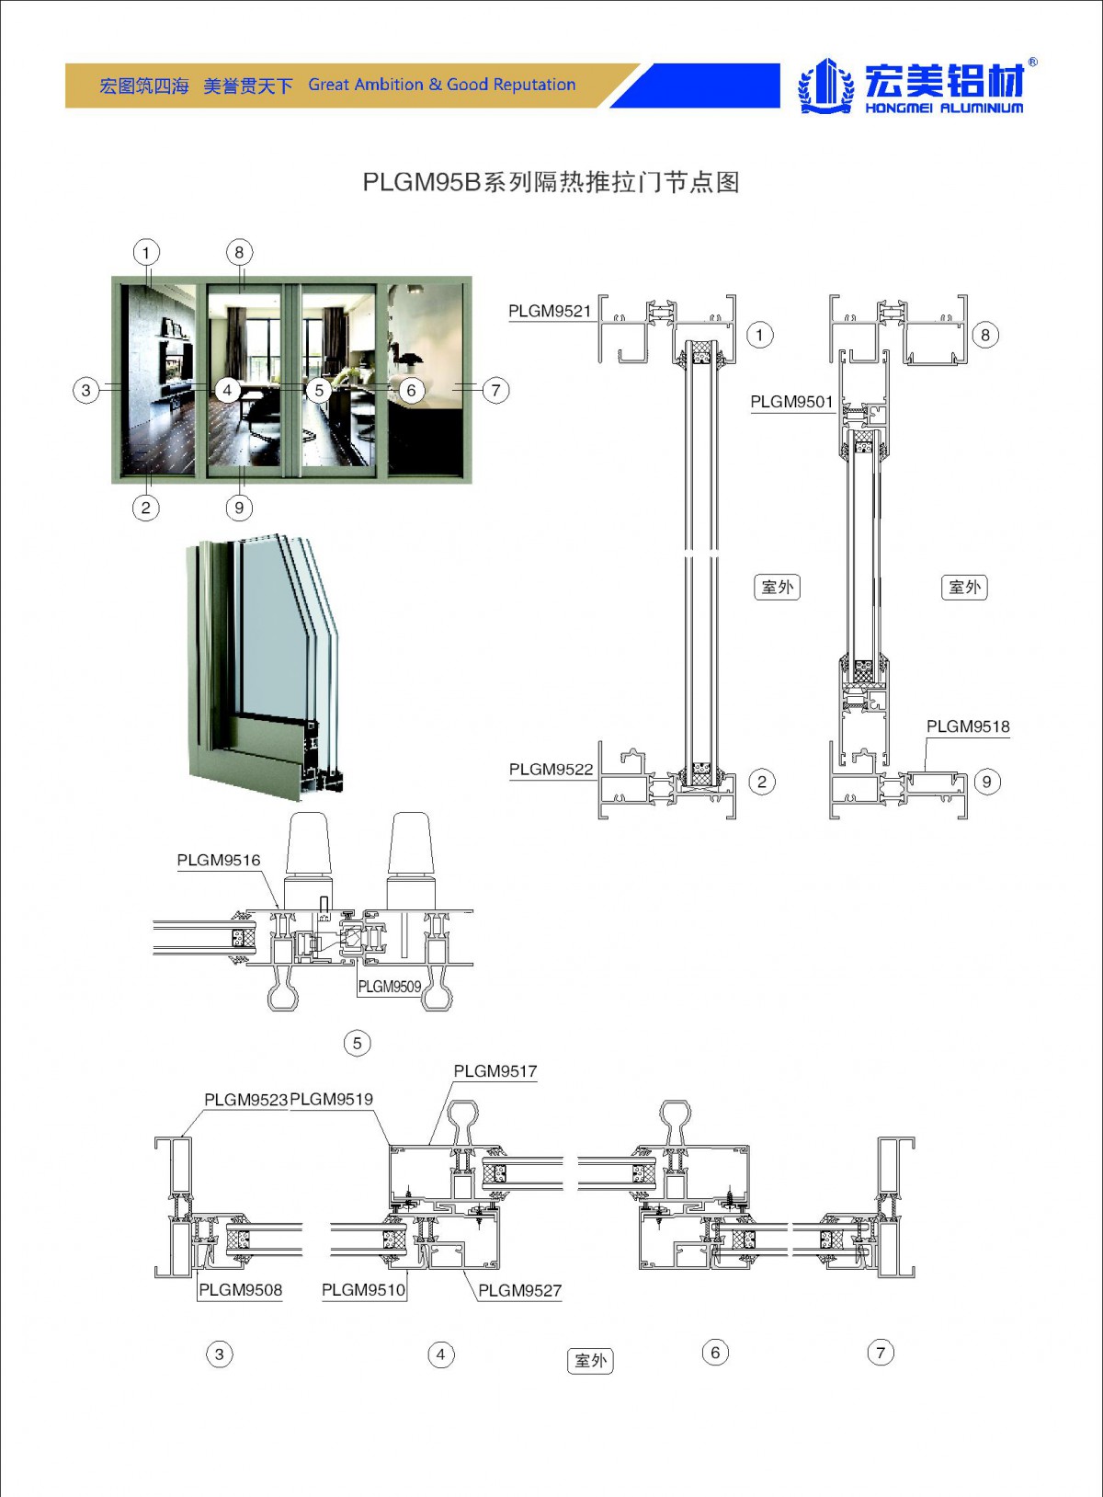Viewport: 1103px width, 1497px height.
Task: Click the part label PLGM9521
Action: point(550,311)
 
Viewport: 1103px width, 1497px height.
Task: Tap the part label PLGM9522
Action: point(551,770)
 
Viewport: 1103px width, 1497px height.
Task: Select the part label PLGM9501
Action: point(791,402)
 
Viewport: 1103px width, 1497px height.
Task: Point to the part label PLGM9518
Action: point(967,726)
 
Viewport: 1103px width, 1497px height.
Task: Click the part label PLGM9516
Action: point(219,861)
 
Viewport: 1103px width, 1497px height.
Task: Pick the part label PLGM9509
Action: point(390,987)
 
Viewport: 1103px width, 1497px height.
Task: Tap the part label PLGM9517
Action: point(495,1071)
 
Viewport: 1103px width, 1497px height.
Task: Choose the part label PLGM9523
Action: point(245,1100)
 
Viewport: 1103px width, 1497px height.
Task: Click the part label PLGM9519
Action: point(332,1100)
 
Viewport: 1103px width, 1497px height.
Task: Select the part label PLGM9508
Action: point(241,1290)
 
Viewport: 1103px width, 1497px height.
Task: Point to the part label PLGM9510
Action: point(363,1290)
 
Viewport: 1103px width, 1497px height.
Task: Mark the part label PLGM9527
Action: point(519,1291)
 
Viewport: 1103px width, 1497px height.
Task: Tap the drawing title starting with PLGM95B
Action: point(551,182)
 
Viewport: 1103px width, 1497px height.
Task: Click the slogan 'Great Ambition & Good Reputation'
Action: point(441,86)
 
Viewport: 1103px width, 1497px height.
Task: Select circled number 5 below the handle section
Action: point(358,1043)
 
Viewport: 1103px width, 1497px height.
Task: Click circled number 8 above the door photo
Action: point(239,252)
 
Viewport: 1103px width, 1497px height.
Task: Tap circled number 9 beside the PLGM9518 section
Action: point(986,783)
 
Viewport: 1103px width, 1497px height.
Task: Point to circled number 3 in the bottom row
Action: point(219,1354)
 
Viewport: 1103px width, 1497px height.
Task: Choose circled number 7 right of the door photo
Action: point(495,390)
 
